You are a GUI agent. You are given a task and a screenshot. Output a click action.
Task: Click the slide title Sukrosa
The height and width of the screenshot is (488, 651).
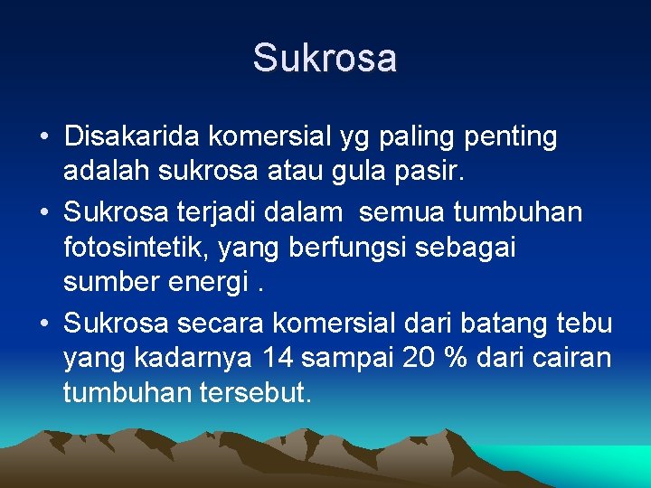[325, 58]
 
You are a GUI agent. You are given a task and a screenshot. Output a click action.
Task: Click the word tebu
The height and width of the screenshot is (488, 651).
[589, 323]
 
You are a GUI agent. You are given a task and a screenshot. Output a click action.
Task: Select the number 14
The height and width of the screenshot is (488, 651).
[277, 357]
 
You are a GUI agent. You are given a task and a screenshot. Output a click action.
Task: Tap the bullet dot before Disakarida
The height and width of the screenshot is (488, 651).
[43, 137]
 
